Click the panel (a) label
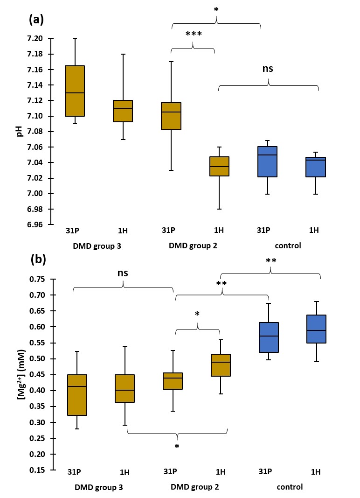point(37,19)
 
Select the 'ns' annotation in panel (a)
point(267,69)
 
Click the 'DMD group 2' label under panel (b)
point(194,487)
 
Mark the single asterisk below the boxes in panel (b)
point(177,447)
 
